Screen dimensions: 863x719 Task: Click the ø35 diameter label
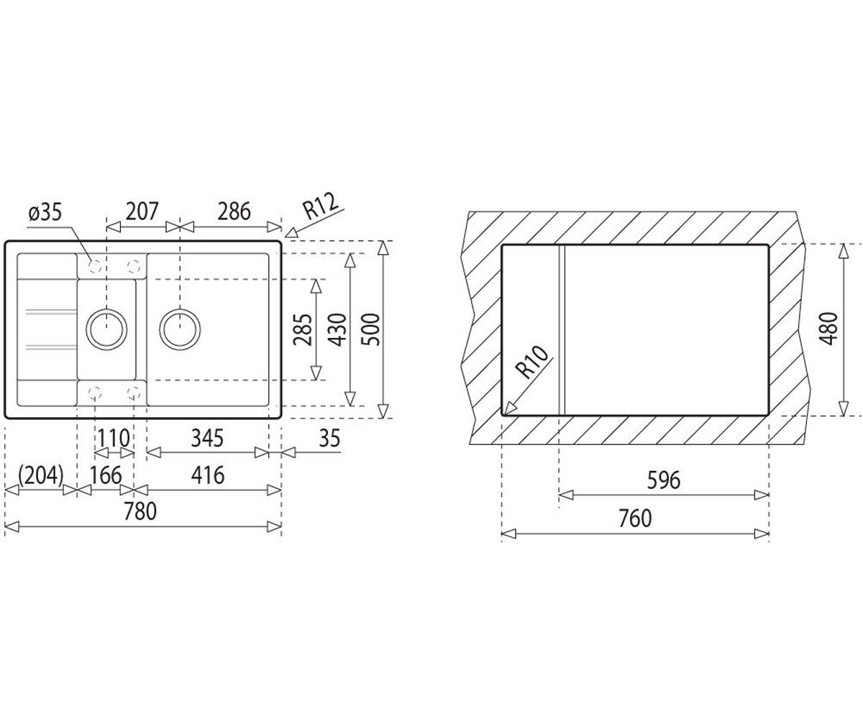point(45,213)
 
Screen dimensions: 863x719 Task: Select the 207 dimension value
point(142,211)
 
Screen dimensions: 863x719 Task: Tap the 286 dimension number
point(234,211)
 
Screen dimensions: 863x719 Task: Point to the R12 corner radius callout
point(321,206)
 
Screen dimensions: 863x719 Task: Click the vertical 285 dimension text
point(303,330)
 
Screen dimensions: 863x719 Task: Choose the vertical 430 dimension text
point(337,330)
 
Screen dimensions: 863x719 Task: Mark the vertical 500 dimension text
point(370,330)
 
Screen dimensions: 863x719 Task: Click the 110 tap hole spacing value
point(114,439)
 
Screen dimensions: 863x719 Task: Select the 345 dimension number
point(207,439)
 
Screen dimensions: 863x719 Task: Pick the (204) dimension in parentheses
point(40,475)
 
